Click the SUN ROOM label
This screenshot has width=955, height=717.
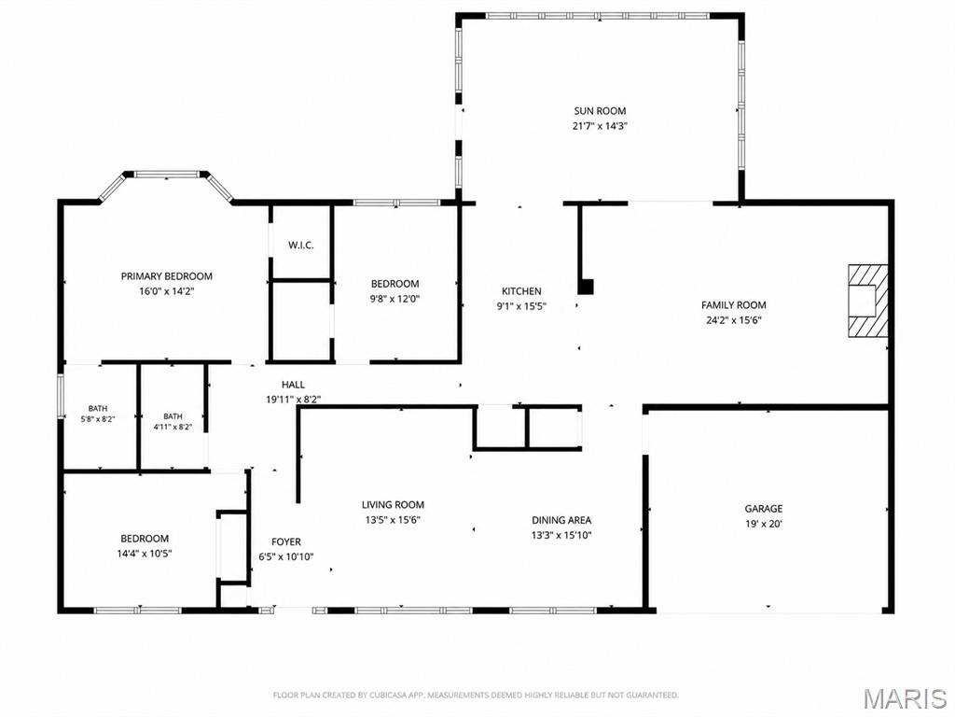(600, 111)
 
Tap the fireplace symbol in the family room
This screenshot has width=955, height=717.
(868, 301)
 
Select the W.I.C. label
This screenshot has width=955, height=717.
(301, 246)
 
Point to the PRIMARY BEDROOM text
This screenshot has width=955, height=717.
(166, 276)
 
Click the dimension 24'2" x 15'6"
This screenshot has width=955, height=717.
(734, 320)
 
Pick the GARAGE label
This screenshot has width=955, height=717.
(764, 509)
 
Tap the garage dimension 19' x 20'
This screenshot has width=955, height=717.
(764, 524)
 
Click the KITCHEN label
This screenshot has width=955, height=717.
(521, 291)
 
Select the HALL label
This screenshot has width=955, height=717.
(293, 385)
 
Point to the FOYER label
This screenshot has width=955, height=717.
(286, 541)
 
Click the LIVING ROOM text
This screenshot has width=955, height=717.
(393, 505)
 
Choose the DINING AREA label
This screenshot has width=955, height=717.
(561, 520)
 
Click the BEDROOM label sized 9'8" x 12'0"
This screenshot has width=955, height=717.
(395, 284)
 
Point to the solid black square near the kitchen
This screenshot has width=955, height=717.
(586, 287)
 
